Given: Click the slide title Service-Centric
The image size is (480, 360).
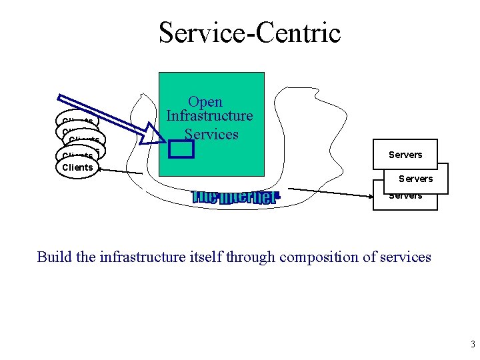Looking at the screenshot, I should [x=249, y=32].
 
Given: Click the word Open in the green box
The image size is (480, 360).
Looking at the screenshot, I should [x=205, y=102].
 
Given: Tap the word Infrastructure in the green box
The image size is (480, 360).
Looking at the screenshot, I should [x=209, y=116].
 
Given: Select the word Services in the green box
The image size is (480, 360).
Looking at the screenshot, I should [x=211, y=133].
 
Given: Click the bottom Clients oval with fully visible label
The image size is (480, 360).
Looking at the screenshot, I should [x=77, y=167].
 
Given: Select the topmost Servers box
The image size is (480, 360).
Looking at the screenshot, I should [x=405, y=155].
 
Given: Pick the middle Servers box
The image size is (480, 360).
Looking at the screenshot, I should [x=415, y=178].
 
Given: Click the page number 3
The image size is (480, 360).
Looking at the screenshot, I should [x=472, y=345].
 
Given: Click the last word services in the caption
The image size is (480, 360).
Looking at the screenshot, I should [x=406, y=257].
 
